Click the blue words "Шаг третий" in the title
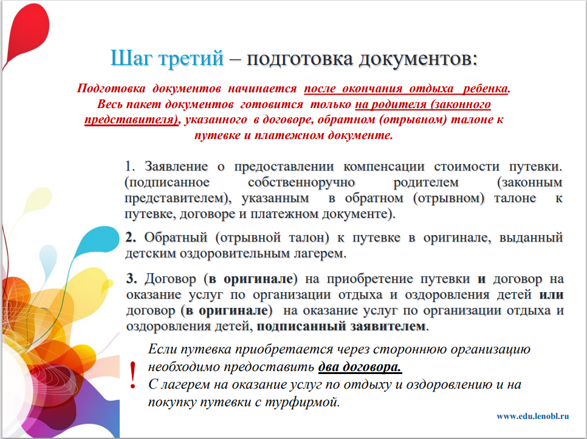[167, 58]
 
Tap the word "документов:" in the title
[418, 59]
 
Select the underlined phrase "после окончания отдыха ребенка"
[406, 89]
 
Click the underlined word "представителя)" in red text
[131, 120]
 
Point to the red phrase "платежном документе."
[324, 135]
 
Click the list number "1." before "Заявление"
[130, 166]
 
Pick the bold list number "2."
[131, 237]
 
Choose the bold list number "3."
[131, 279]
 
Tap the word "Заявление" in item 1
[176, 166]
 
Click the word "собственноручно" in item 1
[301, 183]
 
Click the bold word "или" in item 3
[551, 294]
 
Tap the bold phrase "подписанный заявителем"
[341, 327]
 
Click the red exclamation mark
[132, 375]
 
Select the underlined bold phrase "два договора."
[360, 367]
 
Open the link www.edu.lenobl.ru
[533, 416]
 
